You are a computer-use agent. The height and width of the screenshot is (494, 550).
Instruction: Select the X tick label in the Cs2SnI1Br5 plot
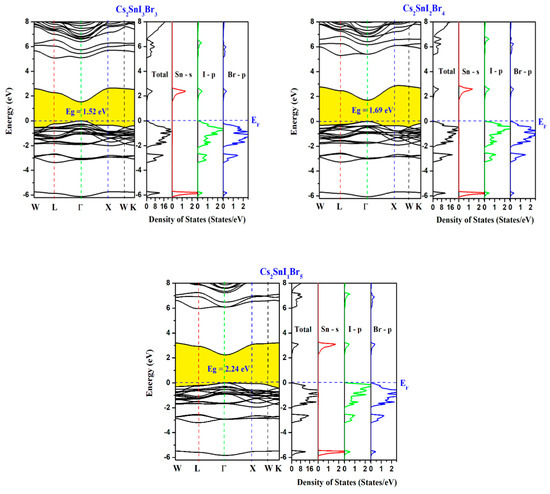252,468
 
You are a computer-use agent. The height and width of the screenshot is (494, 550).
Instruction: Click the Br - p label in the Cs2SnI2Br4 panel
522,71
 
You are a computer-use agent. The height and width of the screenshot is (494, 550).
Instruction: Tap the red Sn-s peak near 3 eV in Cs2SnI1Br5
327,345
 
